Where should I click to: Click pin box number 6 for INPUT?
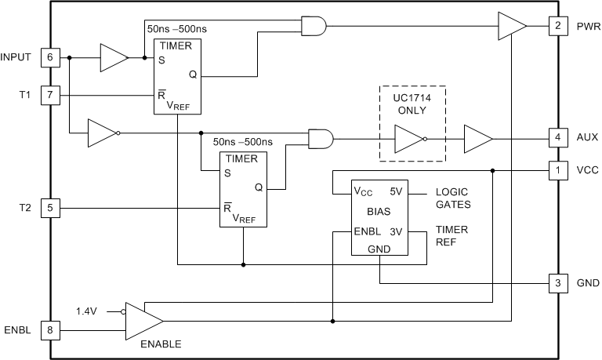point(50,57)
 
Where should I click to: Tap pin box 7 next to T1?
point(50,96)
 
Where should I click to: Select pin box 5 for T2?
point(50,209)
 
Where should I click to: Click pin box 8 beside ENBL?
point(50,330)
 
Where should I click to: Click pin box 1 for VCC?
point(557,170)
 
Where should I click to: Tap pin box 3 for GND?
point(557,283)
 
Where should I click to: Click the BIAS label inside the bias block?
point(379,212)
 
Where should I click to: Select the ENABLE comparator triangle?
point(142,321)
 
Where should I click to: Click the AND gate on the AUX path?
point(321,140)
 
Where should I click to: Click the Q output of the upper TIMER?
point(193,75)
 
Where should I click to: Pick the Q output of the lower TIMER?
point(259,187)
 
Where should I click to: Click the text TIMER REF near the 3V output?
point(451,238)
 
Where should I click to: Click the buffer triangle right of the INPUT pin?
point(113,57)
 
